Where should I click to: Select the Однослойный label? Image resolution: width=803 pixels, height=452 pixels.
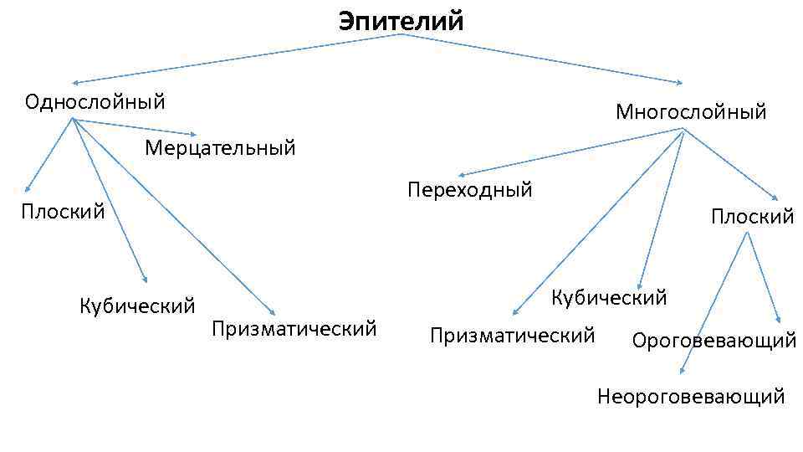(x=95, y=102)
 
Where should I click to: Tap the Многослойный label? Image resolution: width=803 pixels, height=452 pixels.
(x=690, y=111)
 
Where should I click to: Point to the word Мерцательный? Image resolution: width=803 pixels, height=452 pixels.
(x=220, y=148)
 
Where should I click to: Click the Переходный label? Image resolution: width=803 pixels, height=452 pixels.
(x=469, y=190)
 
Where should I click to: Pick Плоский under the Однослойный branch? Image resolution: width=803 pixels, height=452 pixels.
(x=63, y=211)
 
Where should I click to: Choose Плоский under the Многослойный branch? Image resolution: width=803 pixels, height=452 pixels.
(x=752, y=217)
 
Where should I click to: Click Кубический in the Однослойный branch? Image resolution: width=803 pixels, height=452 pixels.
(x=137, y=304)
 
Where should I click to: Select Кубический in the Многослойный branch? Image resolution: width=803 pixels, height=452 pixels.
(x=609, y=297)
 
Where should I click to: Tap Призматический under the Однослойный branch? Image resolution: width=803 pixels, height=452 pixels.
(x=294, y=328)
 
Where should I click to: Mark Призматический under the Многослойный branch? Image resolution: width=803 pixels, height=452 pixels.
(x=512, y=336)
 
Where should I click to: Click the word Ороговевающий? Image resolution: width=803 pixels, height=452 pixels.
(x=713, y=341)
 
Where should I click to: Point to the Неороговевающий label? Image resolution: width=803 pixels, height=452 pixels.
(x=691, y=396)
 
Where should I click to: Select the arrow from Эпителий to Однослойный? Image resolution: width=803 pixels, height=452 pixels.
(x=234, y=59)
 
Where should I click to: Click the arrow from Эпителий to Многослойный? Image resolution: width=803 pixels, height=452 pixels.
(x=544, y=59)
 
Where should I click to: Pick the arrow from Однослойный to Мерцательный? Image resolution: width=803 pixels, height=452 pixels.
(x=134, y=126)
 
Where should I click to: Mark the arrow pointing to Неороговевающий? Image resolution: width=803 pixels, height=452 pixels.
(x=715, y=301)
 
